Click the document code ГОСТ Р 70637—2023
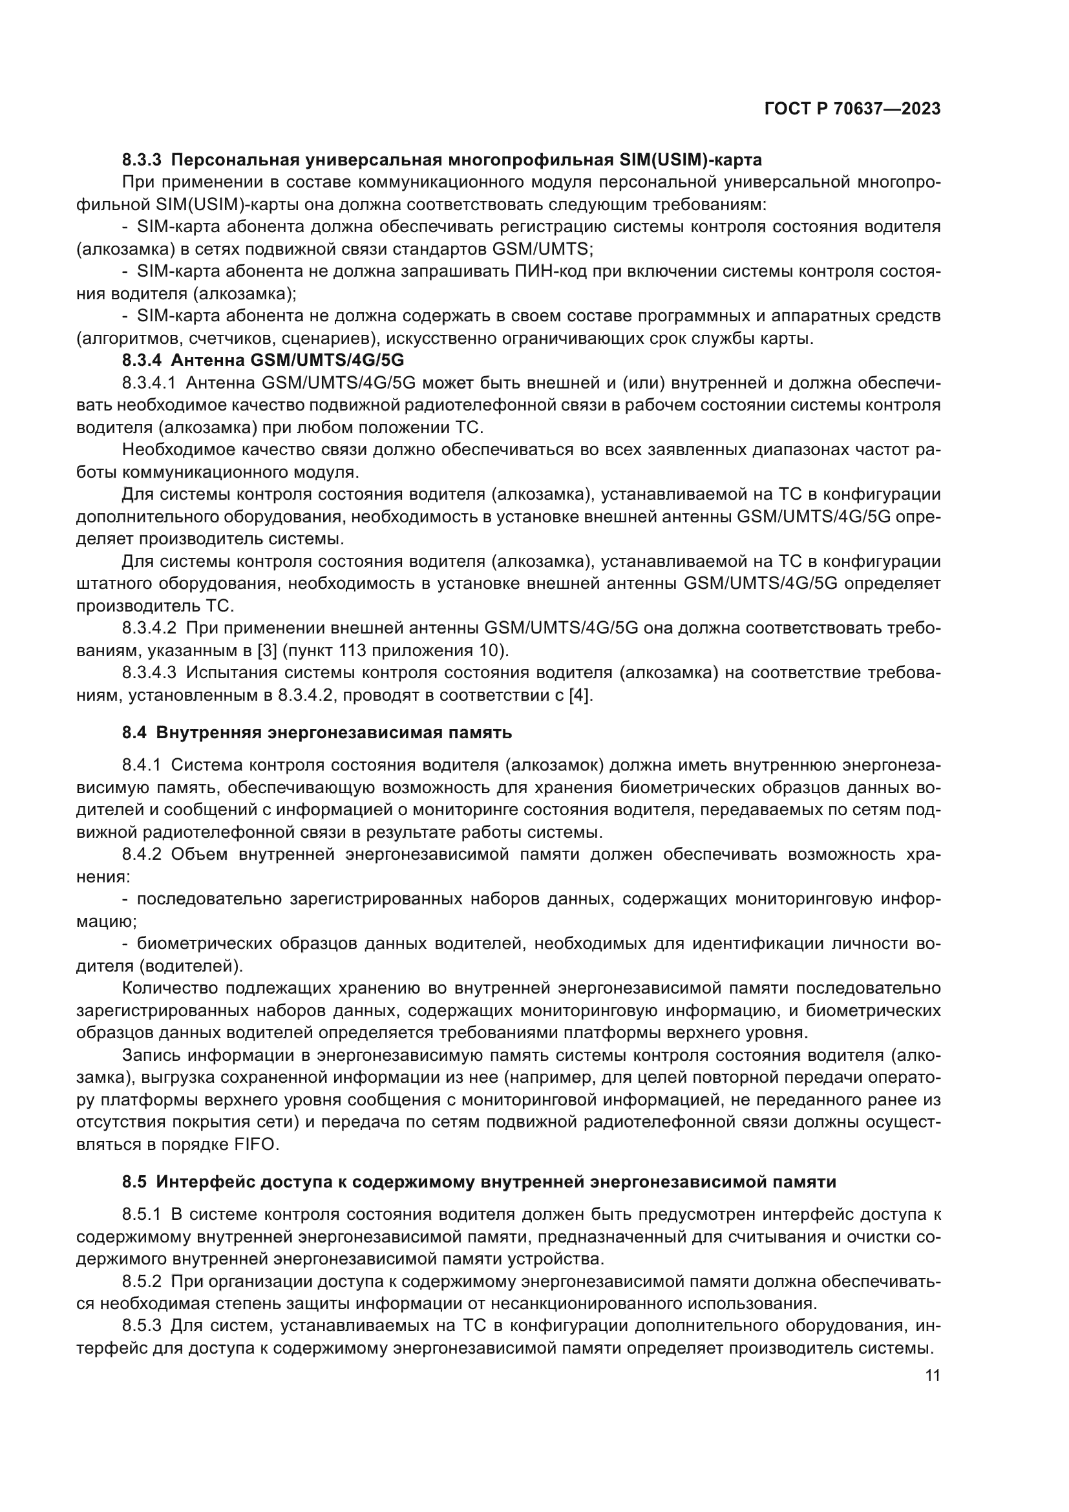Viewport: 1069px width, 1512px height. coord(852,109)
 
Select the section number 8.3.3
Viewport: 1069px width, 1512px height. coord(142,160)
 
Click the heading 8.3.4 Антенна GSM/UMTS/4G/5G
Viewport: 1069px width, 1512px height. coord(262,360)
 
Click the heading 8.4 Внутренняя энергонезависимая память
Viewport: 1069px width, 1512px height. coord(317,732)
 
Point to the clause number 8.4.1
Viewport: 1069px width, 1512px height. coord(142,765)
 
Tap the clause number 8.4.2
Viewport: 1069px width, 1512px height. coord(142,854)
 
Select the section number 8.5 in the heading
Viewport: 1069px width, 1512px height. coord(134,1182)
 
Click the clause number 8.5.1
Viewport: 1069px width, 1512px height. coord(142,1215)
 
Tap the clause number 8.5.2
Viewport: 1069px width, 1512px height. coord(142,1281)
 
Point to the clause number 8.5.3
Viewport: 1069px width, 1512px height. coord(142,1326)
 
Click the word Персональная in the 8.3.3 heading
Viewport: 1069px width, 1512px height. coord(234,160)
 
